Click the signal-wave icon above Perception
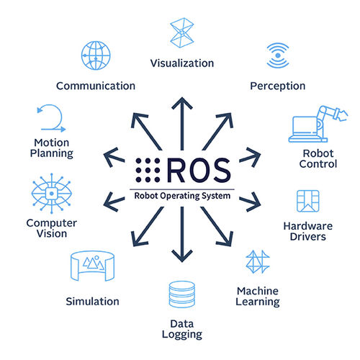(x=277, y=56)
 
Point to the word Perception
(x=277, y=86)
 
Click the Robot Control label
(x=318, y=158)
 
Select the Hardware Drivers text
(x=305, y=231)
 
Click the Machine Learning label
(x=258, y=296)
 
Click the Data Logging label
(x=181, y=328)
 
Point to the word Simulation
(x=92, y=301)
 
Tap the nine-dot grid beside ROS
(x=146, y=170)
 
